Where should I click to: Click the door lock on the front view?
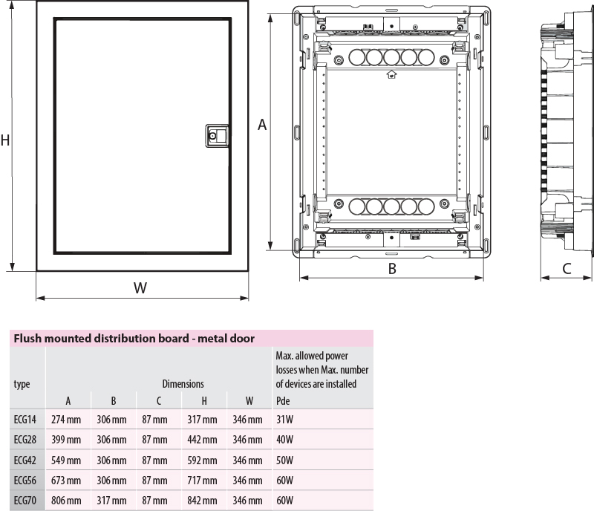[217, 136]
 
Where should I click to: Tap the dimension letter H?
[5, 140]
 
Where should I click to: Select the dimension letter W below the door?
[140, 287]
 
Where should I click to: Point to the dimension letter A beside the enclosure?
[262, 125]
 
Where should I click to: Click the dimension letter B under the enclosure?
[392, 269]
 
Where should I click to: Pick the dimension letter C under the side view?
[567, 269]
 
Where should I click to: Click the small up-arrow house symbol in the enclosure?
[391, 74]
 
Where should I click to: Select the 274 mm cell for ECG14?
[66, 419]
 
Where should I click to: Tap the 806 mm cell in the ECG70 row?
[66, 501]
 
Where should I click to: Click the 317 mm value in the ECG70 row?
[111, 501]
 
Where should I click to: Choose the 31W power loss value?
[284, 419]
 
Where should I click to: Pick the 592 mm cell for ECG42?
[202, 460]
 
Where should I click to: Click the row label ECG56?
[25, 481]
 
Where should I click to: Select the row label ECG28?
[25, 440]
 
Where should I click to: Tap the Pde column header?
[283, 400]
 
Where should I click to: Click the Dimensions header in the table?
[183, 384]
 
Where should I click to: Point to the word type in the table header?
[22, 385]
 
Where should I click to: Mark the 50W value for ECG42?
[284, 460]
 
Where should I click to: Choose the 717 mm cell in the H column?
[202, 481]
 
